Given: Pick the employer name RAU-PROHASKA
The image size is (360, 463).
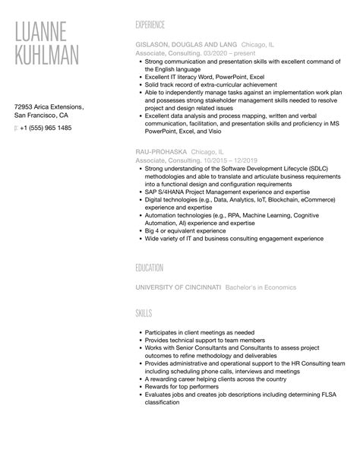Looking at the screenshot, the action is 159,152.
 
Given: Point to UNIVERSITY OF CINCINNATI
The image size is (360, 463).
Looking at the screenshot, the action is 178,287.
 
